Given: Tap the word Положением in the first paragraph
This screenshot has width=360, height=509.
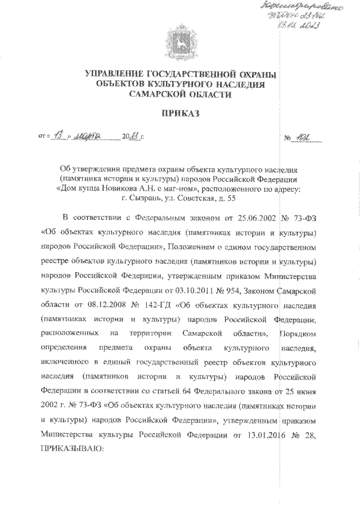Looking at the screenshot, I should click(x=198, y=246).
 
